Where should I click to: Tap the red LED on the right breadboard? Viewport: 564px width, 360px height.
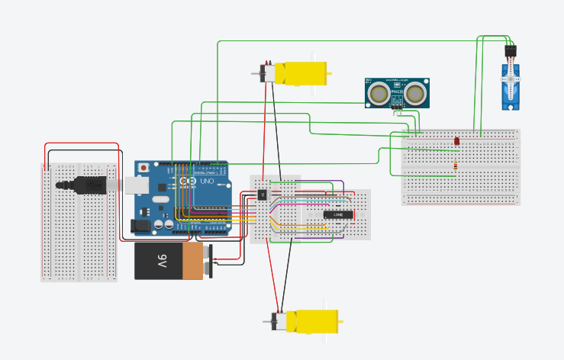456,141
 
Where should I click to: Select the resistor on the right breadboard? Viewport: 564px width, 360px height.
456,165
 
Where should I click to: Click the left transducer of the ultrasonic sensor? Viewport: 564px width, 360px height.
378,94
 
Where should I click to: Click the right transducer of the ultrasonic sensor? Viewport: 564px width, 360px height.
415,94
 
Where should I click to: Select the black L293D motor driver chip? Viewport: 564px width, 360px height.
337,214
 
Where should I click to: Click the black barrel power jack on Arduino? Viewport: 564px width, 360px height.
140,225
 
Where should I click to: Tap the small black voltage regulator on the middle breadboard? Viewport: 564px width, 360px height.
262,194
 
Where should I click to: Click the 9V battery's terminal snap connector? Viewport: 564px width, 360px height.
207,262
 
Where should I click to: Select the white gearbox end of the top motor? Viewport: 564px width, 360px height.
267,73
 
